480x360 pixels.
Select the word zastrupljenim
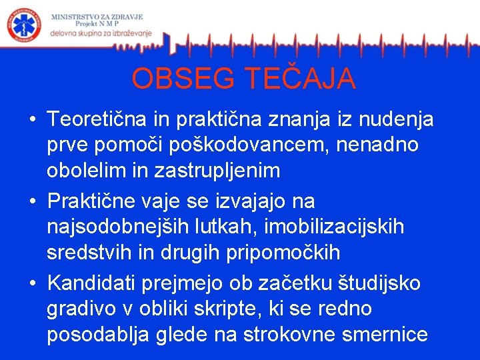[223, 171]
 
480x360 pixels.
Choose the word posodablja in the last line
[98, 334]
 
